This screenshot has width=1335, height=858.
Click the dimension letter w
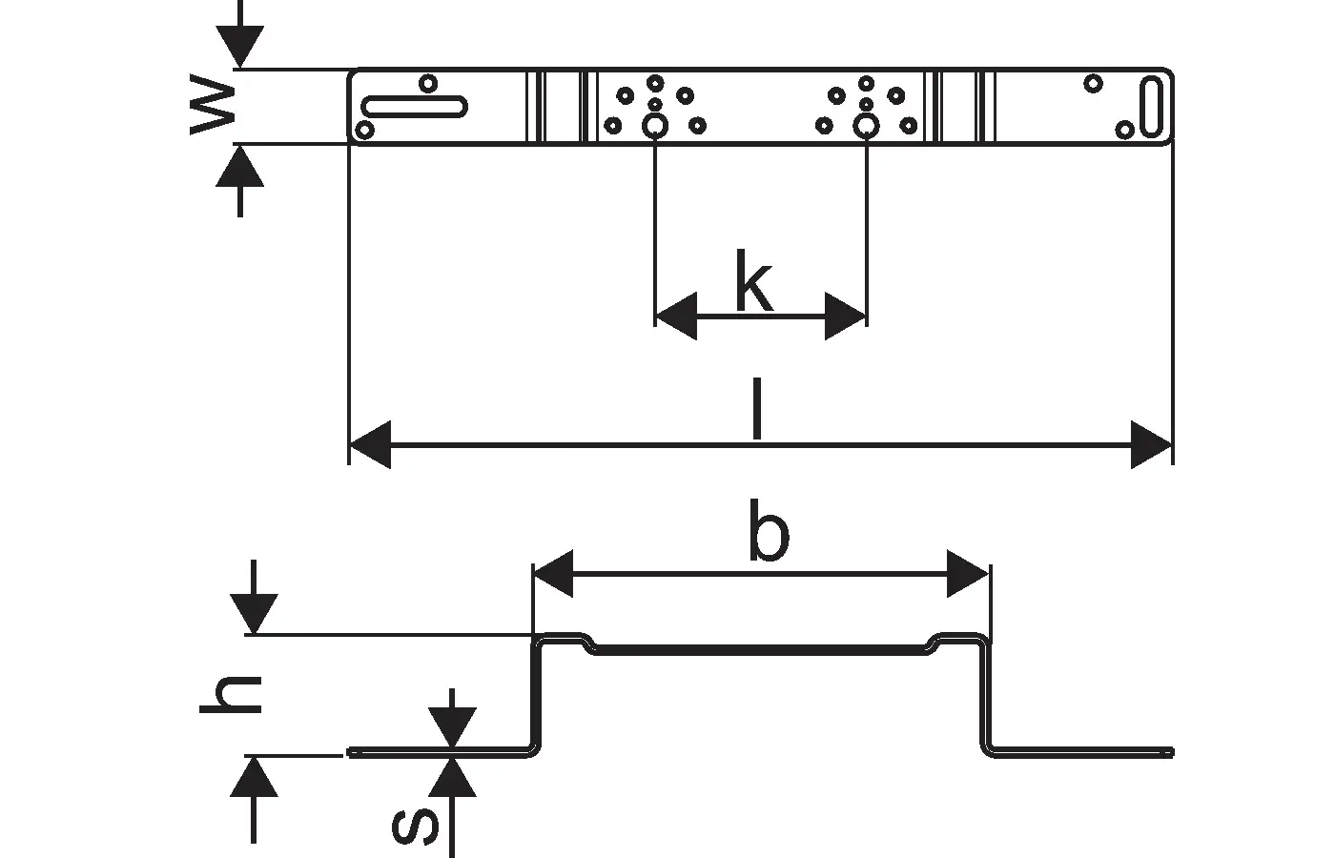(213, 104)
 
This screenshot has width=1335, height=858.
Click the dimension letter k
(754, 280)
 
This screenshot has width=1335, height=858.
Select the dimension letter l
(757, 409)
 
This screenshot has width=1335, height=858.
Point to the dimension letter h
(231, 694)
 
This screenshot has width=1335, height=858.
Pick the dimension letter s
(416, 827)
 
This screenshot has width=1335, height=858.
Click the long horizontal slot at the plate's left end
(414, 107)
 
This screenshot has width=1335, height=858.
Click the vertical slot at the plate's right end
(1152, 107)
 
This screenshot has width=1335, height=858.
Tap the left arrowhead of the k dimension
(676, 317)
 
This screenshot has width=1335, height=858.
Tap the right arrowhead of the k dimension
(846, 317)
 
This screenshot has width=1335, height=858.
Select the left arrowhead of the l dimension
(370, 444)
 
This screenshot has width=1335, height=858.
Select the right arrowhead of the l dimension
(1152, 444)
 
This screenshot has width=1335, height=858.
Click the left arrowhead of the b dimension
(553, 574)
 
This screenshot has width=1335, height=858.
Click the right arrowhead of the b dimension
(969, 574)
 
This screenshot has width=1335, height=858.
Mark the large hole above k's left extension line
(655, 126)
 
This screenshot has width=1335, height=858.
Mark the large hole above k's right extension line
(866, 126)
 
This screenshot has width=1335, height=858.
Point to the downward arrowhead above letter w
(239, 47)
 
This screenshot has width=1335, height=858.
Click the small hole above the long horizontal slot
(428, 84)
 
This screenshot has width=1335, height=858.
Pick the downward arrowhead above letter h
(254, 614)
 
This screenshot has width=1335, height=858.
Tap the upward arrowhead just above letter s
(452, 776)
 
